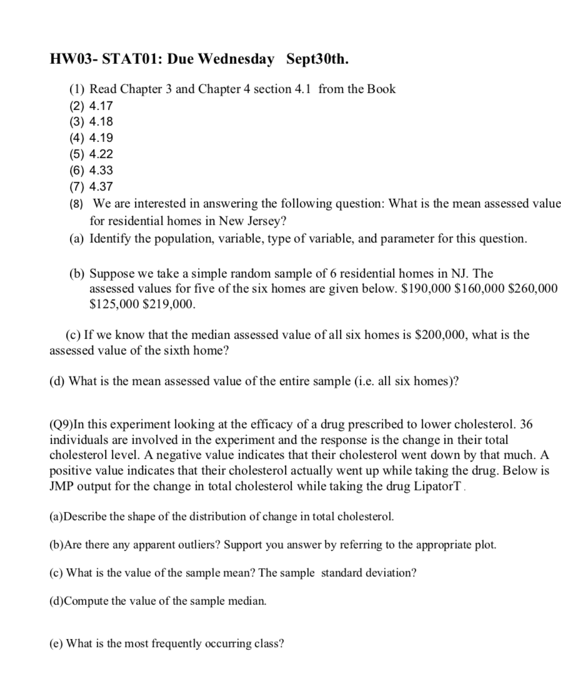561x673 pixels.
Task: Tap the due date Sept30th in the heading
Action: [x=317, y=59]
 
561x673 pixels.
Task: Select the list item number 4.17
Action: [x=101, y=106]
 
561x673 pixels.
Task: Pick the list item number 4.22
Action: [x=101, y=154]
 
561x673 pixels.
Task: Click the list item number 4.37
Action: [x=101, y=186]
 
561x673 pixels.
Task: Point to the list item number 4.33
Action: [x=101, y=170]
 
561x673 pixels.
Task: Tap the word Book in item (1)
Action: [x=381, y=89]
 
